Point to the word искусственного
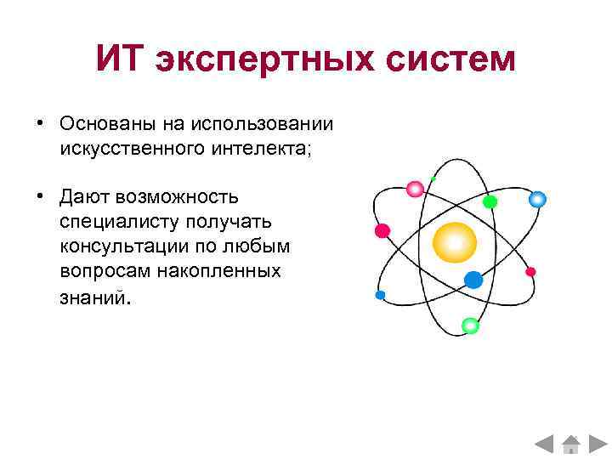tap(124, 149)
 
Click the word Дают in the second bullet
tap(84, 197)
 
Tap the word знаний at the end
tap(95, 297)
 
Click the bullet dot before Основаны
tap(40, 124)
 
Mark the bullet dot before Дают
tap(40, 197)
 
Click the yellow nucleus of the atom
tap(454, 242)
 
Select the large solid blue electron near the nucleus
tap(473, 280)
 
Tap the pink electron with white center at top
tap(415, 189)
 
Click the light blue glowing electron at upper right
tap(536, 200)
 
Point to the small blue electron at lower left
tap(380, 295)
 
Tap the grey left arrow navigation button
tap(545, 444)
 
